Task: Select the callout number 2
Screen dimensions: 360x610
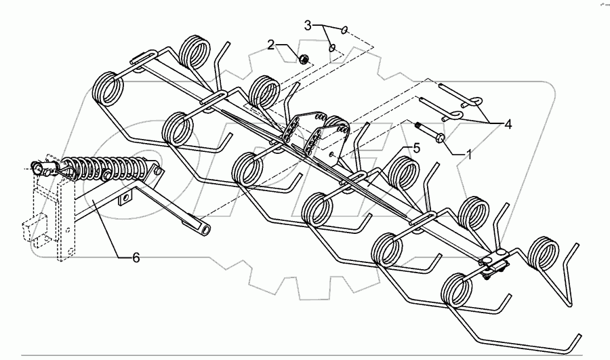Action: click(272, 45)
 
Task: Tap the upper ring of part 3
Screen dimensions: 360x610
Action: click(346, 29)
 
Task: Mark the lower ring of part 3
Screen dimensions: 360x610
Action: click(332, 47)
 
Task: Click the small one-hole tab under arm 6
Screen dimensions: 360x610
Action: click(125, 200)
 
